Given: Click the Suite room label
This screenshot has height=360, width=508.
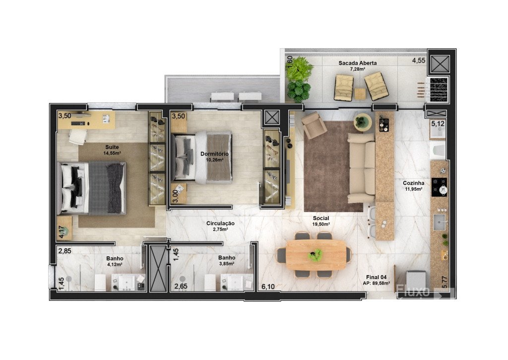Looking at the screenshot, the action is coord(112,147).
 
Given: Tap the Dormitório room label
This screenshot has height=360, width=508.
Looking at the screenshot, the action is coord(214,154).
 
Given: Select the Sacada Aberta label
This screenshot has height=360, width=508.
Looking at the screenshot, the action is coord(358,63).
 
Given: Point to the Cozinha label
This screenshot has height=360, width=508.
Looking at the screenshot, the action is coord(414,183).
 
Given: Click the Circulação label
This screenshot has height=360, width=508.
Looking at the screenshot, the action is coord(220,223).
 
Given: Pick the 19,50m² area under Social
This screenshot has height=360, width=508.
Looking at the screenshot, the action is coord(321,224).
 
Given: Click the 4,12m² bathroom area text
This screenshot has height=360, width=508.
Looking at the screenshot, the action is coord(115,264).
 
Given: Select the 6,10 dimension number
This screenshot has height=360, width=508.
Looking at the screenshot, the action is coord(268,287).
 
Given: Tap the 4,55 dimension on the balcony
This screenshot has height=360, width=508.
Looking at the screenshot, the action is coord(419,60).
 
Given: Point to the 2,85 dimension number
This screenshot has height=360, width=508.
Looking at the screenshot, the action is coord(65,251).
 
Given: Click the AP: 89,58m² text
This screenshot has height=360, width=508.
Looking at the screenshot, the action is coord(377,283).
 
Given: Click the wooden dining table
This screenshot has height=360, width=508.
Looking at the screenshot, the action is coord(316,255).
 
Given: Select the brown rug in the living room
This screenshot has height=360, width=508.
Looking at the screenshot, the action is coord(333,166).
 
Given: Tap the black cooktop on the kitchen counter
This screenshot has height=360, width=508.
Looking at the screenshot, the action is coord(439,187).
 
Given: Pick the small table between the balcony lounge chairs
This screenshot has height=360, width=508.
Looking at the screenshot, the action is coord(360,94).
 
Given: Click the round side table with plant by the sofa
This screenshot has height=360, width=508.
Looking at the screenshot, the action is coord(363,122).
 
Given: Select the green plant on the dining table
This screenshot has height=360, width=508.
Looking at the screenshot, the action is coord(315,255).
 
